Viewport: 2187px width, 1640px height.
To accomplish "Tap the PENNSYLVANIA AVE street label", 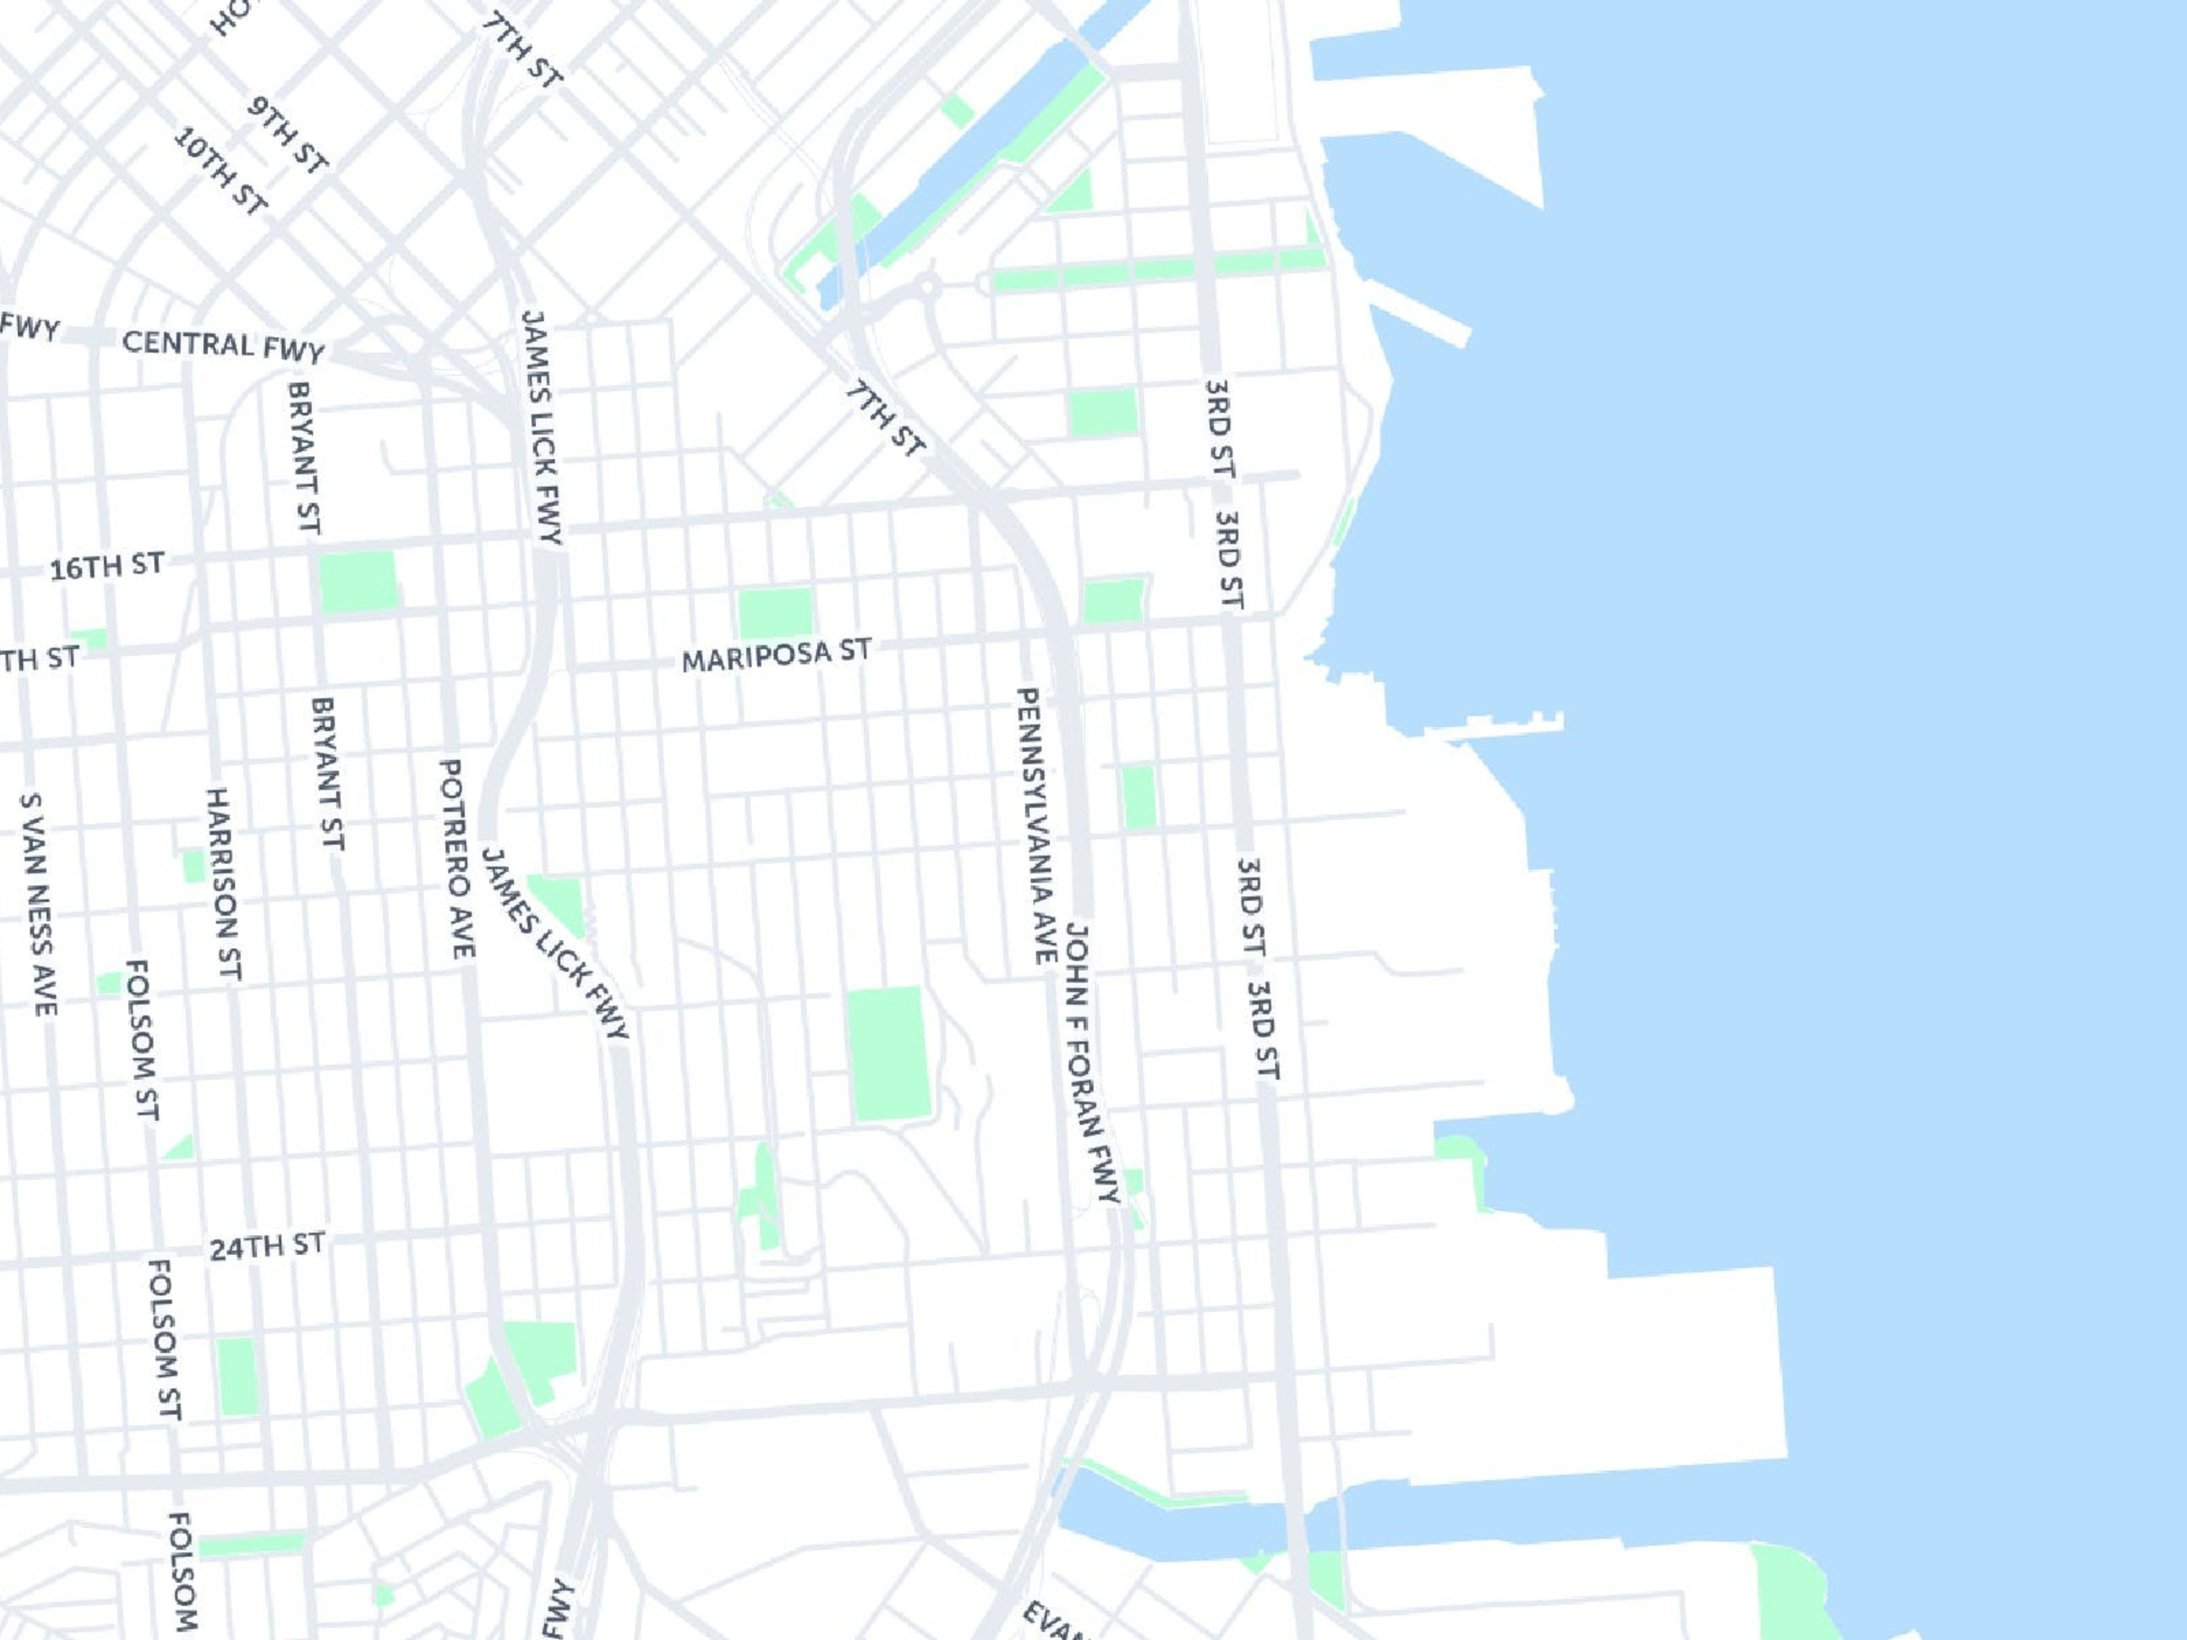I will click(1035, 826).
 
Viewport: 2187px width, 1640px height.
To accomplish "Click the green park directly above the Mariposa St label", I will click(775, 612).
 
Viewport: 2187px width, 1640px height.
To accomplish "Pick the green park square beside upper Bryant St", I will click(358, 581).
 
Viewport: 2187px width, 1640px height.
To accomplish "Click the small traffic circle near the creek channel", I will click(927, 286).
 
